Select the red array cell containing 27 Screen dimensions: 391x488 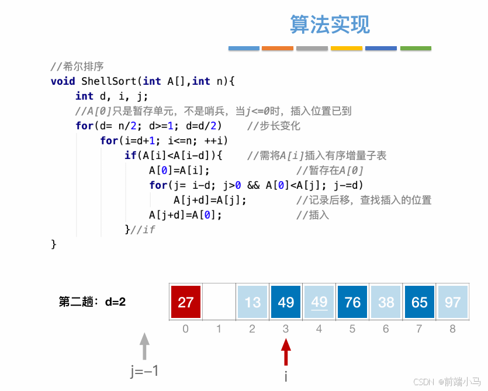[186, 302]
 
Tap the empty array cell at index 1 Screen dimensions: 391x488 [219, 302]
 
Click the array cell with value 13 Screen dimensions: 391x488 [252, 302]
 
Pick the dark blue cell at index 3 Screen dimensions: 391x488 [286, 302]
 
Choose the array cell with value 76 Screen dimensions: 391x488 [352, 302]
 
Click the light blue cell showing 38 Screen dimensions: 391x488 [386, 302]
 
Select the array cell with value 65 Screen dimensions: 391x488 [419, 302]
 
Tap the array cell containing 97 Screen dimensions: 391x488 [452, 302]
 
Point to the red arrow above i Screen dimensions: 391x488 [286, 352]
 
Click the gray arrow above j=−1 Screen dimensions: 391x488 [145, 346]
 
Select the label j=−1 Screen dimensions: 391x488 [144, 371]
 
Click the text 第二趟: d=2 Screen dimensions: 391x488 [92, 302]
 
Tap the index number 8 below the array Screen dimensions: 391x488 [452, 329]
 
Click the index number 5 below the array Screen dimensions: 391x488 [352, 329]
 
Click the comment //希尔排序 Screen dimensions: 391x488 [77, 67]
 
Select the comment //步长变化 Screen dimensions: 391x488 [274, 126]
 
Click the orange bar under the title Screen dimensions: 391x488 [278, 48]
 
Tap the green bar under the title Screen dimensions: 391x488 [416, 48]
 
